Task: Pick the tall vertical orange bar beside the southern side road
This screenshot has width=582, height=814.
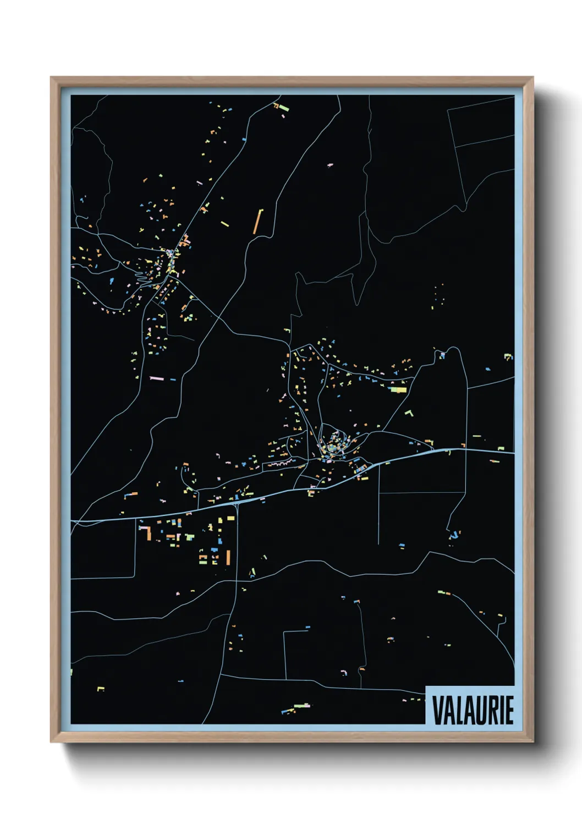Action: pos(228,557)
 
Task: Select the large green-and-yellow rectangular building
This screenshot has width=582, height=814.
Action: pos(397,389)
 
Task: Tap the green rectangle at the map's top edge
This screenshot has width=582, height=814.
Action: pos(284,108)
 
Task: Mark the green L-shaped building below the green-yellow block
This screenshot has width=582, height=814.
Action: pos(409,413)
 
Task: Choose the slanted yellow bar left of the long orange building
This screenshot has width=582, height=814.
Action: pos(224,224)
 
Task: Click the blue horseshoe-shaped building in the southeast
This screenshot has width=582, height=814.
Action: pos(454,534)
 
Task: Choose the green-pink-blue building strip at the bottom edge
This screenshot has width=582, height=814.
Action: pos(296,707)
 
